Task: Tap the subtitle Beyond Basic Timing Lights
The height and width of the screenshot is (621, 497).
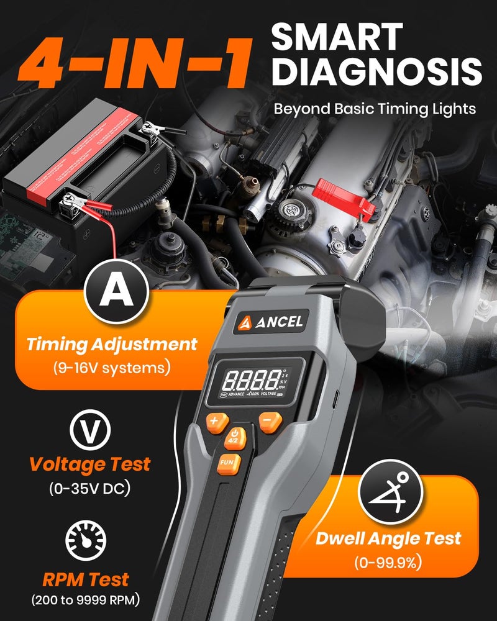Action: (x=375, y=109)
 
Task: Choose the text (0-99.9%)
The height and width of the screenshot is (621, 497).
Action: (x=390, y=563)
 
